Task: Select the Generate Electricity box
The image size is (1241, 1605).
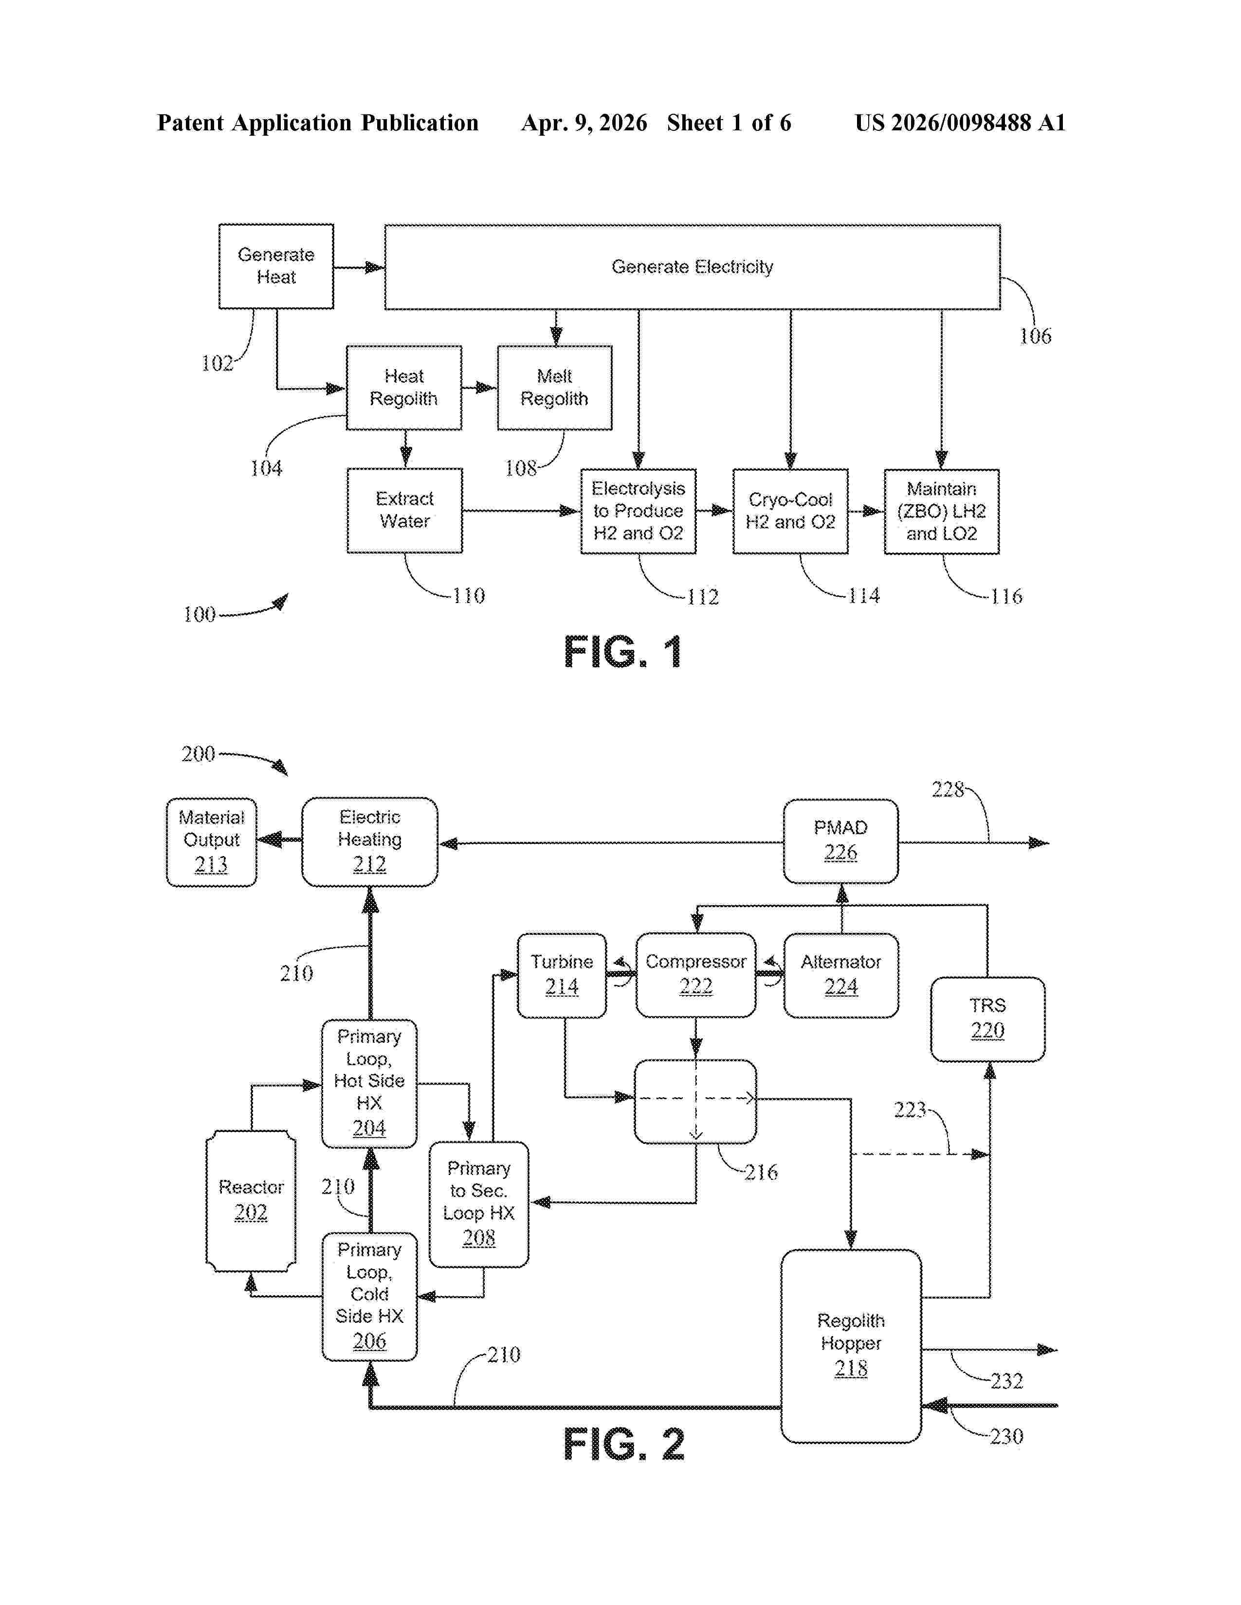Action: (x=692, y=267)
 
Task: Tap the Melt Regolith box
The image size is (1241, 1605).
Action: (x=554, y=387)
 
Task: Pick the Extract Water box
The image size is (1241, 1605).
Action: (x=404, y=510)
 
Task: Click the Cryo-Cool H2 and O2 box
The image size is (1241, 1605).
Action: (x=790, y=511)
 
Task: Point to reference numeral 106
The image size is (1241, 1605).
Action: (x=1035, y=337)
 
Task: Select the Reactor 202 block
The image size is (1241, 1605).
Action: (x=251, y=1200)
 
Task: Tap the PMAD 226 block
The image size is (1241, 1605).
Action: (x=840, y=841)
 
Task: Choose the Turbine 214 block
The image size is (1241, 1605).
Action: (x=562, y=975)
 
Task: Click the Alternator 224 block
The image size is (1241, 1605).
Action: (x=840, y=975)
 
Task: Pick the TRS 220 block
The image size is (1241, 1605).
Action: (x=987, y=1018)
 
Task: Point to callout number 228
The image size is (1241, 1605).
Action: (x=948, y=790)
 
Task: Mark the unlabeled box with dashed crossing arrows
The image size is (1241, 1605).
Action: (x=695, y=1101)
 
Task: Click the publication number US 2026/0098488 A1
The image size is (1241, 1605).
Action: (x=960, y=123)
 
